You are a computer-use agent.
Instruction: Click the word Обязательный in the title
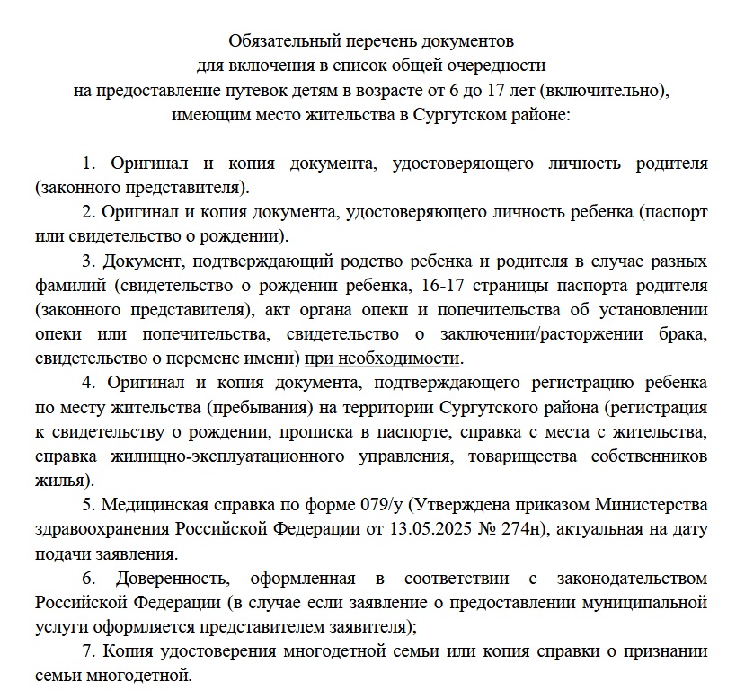[280, 41]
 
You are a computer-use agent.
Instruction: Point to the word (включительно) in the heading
[607, 91]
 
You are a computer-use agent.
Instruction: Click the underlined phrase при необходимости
[382, 358]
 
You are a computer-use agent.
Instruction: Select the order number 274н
[517, 529]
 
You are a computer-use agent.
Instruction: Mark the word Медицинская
[156, 505]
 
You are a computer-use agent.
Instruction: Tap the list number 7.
[86, 650]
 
